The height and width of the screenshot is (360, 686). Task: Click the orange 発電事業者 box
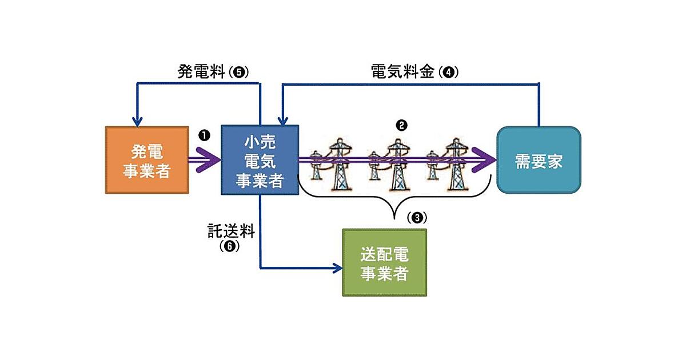click(147, 161)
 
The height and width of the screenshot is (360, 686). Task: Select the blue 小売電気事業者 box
click(260, 161)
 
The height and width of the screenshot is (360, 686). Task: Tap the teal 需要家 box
click(539, 161)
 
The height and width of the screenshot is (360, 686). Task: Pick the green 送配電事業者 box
click(384, 262)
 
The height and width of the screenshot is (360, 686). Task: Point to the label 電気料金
click(401, 73)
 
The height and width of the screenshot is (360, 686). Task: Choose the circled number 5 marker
click(239, 73)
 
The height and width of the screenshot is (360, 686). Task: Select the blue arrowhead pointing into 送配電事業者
click(337, 267)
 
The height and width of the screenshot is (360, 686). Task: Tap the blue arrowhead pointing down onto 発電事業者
click(137, 121)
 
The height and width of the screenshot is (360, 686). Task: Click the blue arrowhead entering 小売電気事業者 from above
click(281, 121)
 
